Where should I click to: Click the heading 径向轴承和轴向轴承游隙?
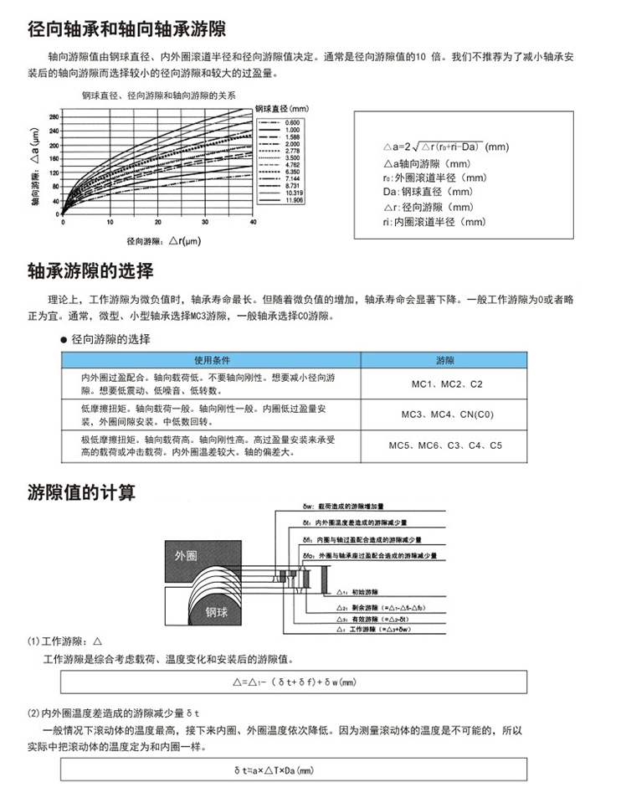126,31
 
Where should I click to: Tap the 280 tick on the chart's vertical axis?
54,116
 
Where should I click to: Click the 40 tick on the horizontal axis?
254,223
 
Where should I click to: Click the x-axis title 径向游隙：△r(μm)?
164,241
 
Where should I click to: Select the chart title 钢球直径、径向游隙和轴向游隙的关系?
158,96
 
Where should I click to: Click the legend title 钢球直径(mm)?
282,109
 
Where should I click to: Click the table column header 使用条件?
211,361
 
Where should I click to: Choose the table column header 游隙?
444,361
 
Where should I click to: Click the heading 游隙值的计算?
81,492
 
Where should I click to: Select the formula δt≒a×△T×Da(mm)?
274,769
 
